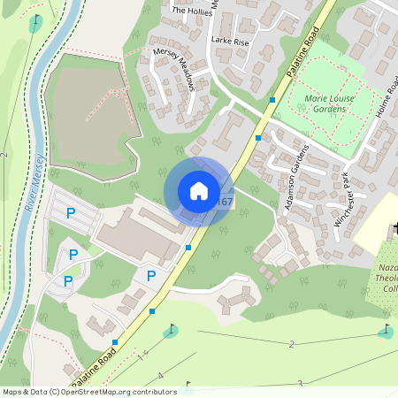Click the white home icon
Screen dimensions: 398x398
click(199, 191)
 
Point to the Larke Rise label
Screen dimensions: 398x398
click(229, 42)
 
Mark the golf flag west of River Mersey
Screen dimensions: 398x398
click(35, 23)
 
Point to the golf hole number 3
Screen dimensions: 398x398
click(300, 383)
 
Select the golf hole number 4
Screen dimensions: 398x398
click(160, 377)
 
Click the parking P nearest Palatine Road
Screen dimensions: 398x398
click(151, 276)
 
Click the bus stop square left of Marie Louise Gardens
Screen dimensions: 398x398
click(272, 100)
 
